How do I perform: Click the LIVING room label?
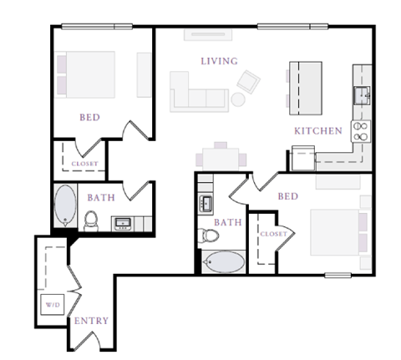[x=219, y=61]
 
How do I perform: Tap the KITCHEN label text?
[x=317, y=131]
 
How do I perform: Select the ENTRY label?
[x=90, y=321]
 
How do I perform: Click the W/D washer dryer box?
[x=52, y=304]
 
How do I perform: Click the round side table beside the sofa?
[x=238, y=99]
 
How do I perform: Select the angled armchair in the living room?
[x=248, y=81]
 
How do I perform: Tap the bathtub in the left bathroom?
[x=64, y=205]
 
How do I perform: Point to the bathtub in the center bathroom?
[x=223, y=262]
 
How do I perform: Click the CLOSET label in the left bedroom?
[x=84, y=165]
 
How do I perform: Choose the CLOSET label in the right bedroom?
[x=273, y=234]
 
